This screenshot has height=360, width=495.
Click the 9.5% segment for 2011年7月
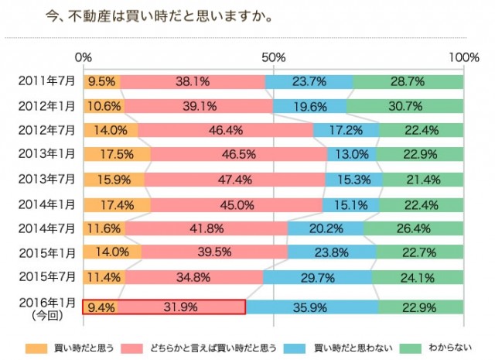pyautogui.click(x=101, y=81)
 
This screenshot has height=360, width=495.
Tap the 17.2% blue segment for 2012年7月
pyautogui.click(x=346, y=130)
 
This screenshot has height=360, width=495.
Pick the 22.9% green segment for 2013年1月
pyautogui.click(x=420, y=155)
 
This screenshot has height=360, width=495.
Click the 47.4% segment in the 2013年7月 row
pyautogui.click(x=234, y=180)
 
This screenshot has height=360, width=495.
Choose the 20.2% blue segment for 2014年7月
pyautogui.click(x=326, y=229)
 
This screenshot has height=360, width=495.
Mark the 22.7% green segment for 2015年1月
pyautogui.click(x=420, y=253)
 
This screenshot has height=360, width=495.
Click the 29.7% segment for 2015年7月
pyautogui.click(x=317, y=278)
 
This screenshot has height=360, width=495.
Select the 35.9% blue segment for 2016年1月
pyautogui.click(x=312, y=307)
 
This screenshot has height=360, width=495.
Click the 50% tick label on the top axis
pyautogui.click(x=273, y=57)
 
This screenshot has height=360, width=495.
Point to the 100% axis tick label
pyautogui.click(x=463, y=57)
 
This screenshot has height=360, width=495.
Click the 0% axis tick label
pyautogui.click(x=84, y=57)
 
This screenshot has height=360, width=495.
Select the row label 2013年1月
pyautogui.click(x=46, y=155)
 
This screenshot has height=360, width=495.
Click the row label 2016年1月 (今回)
pyautogui.click(x=46, y=307)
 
